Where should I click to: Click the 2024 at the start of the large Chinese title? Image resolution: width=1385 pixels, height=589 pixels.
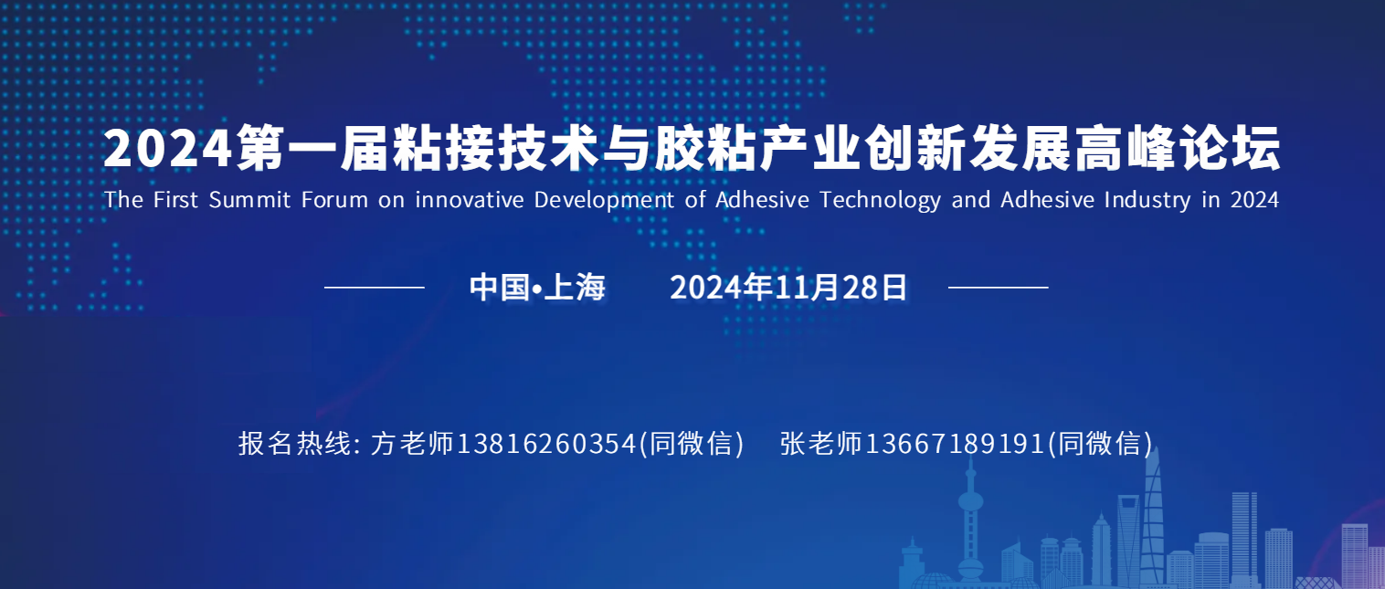tap(167, 148)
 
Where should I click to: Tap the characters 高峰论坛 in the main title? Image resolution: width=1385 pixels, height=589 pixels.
tap(1178, 148)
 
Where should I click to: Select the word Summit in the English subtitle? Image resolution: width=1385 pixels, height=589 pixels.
tap(249, 200)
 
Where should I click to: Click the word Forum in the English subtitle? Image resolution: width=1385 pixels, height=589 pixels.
tap(334, 200)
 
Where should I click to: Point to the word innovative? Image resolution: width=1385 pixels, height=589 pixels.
tap(470, 200)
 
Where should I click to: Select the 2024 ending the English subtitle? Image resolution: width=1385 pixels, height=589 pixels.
tap(1254, 200)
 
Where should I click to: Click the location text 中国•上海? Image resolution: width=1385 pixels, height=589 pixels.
tap(536, 288)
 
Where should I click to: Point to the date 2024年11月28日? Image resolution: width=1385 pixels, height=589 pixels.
tap(788, 288)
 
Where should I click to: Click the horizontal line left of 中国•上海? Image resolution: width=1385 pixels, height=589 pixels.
tap(374, 288)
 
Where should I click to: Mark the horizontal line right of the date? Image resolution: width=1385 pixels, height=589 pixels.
tap(998, 288)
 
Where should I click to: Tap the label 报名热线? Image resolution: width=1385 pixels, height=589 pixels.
tap(295, 443)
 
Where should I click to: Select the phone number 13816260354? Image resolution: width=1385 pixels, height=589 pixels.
tap(546, 443)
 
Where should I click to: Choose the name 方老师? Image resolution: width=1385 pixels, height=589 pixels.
tap(412, 443)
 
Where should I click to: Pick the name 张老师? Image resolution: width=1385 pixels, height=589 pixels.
tap(821, 443)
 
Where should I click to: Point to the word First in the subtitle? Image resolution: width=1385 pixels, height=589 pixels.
tap(175, 200)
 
